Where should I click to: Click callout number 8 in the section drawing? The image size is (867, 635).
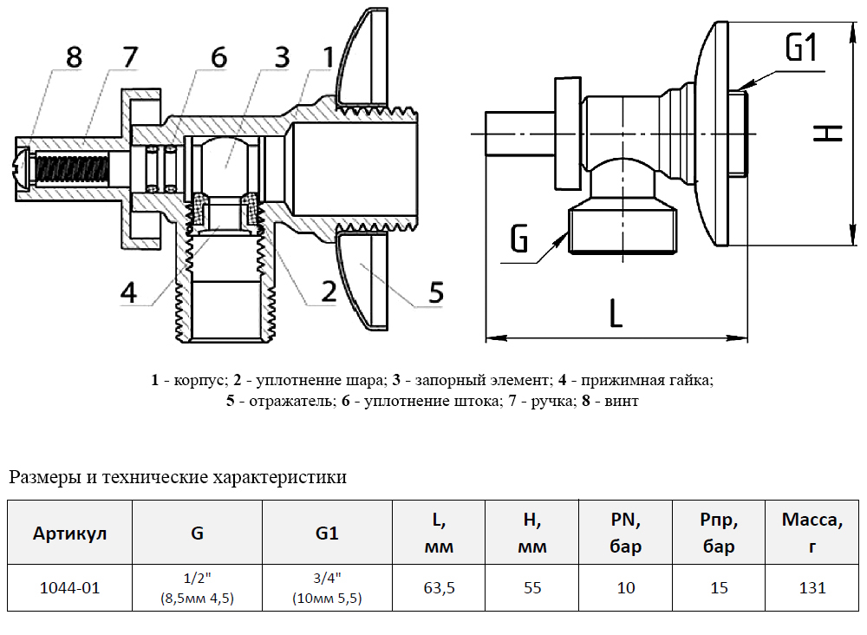click(74, 57)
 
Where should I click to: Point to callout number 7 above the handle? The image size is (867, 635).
click(130, 56)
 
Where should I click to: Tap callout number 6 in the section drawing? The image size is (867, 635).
click(219, 57)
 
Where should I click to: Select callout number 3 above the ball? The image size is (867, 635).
click(282, 57)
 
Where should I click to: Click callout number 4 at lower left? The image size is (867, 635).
click(129, 292)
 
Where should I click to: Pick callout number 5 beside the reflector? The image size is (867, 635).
click(436, 292)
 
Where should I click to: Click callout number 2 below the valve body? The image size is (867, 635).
click(329, 291)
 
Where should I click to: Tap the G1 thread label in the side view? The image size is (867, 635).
click(802, 47)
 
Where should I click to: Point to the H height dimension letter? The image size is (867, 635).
click(828, 133)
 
